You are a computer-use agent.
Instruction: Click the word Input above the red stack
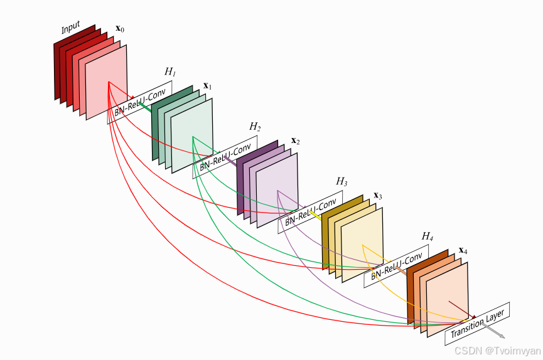71,28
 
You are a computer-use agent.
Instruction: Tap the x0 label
120,29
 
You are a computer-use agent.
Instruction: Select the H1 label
169,71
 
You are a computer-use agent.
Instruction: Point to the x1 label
207,85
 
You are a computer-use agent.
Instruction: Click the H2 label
254,127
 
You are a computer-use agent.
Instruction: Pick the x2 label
294,141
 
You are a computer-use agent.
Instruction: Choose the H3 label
341,181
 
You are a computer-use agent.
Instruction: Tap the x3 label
378,195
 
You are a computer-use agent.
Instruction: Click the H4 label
427,236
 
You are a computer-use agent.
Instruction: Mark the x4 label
463,250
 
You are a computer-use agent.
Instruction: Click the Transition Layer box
478,324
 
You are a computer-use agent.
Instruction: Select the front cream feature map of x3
362,245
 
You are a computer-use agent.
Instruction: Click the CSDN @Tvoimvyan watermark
497,351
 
